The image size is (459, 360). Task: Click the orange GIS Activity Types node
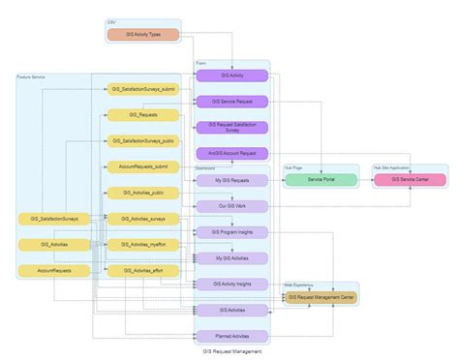[x=142, y=36]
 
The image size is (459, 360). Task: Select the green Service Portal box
[x=321, y=179]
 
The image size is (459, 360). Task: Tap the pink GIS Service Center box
[x=410, y=179]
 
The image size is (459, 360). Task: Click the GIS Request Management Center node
[x=321, y=297]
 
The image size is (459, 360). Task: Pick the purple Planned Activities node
[x=231, y=336]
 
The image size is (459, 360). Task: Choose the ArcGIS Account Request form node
[x=231, y=153]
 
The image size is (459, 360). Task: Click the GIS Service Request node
[x=231, y=101]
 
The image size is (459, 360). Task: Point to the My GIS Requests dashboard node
[x=231, y=180]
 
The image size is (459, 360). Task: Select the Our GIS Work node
[x=231, y=206]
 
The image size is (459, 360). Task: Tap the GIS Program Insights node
[x=231, y=232]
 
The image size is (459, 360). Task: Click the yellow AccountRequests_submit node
[x=142, y=166]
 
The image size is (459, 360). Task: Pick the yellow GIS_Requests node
[x=142, y=114]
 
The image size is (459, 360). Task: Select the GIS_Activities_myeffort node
[x=142, y=245]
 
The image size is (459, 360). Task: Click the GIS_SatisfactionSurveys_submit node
[x=142, y=88]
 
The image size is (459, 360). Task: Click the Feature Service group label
[x=32, y=76]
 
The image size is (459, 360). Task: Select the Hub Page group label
[x=293, y=166]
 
